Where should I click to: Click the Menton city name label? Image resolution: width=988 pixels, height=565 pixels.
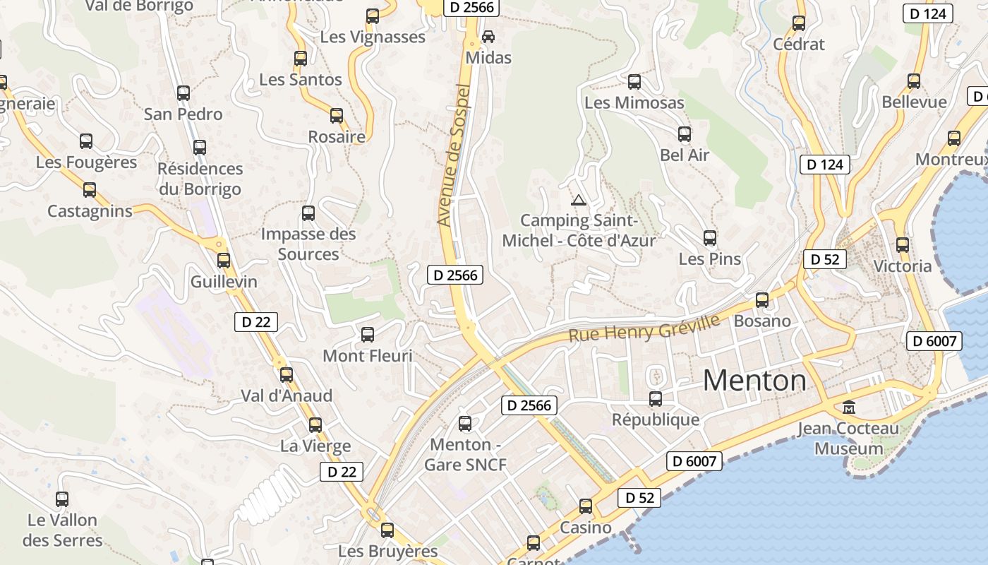pyautogui.click(x=754, y=381)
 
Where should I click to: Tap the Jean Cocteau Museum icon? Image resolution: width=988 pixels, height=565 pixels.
pyautogui.click(x=849, y=408)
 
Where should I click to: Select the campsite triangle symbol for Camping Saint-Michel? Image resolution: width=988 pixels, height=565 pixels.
pyautogui.click(x=579, y=200)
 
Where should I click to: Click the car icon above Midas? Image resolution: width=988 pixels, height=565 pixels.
pyautogui.click(x=488, y=36)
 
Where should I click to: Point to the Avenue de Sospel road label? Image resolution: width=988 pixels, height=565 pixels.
pyautogui.click(x=454, y=155)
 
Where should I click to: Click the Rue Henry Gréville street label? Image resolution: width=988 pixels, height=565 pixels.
pyautogui.click(x=644, y=328)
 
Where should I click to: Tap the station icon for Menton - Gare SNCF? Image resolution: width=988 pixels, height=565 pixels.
pyautogui.click(x=465, y=424)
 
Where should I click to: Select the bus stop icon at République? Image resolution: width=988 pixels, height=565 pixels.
pyautogui.click(x=656, y=399)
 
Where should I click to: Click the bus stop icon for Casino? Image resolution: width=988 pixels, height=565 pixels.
pyautogui.click(x=586, y=506)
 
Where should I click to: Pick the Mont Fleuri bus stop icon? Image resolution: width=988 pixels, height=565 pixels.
pyautogui.click(x=368, y=335)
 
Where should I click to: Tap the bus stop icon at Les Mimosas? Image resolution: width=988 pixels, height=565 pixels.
pyautogui.click(x=634, y=82)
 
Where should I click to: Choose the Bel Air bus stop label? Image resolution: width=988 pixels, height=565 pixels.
pyautogui.click(x=685, y=155)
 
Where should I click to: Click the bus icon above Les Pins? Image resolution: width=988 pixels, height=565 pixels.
pyautogui.click(x=710, y=238)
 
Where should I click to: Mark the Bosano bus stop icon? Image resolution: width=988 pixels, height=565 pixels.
pyautogui.click(x=762, y=300)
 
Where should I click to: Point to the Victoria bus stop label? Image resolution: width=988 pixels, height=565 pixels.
pyautogui.click(x=903, y=266)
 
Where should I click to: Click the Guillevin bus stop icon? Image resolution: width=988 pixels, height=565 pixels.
pyautogui.click(x=224, y=261)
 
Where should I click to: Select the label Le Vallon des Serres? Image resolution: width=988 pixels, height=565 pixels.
pyautogui.click(x=63, y=530)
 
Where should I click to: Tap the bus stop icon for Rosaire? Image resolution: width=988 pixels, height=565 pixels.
pyautogui.click(x=337, y=116)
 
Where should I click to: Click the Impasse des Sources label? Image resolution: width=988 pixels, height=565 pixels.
pyautogui.click(x=308, y=244)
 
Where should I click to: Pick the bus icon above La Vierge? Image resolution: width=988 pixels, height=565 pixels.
pyautogui.click(x=315, y=425)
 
